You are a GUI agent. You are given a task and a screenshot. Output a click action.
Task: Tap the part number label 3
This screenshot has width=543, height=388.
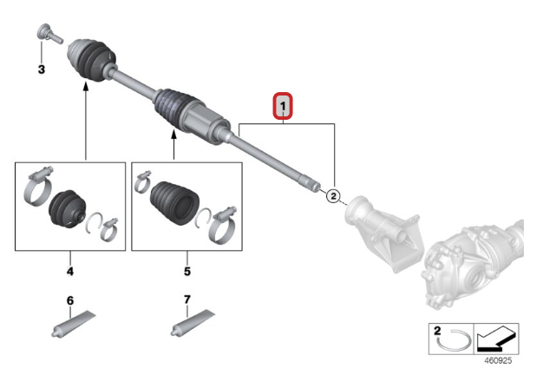[40, 69]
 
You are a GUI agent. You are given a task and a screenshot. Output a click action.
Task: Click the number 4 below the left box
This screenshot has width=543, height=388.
[69, 272]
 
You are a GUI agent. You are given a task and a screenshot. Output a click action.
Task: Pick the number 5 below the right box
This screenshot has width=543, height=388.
[186, 272]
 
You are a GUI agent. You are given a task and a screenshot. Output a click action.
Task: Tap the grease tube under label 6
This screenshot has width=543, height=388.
[75, 326]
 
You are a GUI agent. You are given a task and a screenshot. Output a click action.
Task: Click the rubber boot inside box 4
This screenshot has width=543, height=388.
[64, 210]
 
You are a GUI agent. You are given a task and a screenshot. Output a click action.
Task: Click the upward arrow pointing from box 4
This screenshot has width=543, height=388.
[87, 122]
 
